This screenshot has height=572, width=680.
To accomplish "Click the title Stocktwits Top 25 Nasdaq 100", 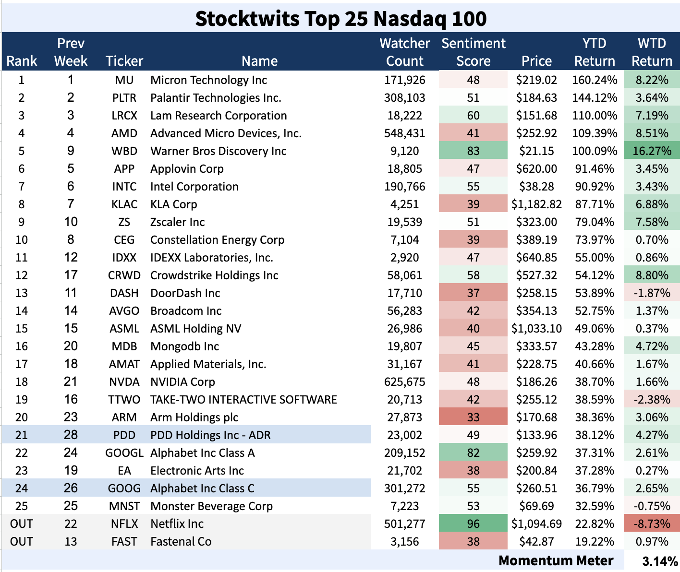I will coord(340,19).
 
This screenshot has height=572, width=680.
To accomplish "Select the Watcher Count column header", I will coord(404,52).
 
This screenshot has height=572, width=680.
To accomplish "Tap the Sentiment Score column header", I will coord(473,52).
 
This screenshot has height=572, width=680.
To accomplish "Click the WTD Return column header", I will coord(651,52).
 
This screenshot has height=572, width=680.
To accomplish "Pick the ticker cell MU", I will coord(124,80).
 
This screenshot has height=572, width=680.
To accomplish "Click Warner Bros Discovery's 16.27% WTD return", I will coord(652,151).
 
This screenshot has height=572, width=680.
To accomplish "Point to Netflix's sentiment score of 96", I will coord(473,524).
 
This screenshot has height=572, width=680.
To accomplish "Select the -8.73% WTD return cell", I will coord(652,524).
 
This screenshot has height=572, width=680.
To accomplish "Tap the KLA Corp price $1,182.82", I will coord(536,204).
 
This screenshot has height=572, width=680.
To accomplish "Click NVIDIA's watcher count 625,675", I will coord(404,382).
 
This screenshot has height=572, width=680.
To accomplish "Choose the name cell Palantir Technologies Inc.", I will coord(216,98).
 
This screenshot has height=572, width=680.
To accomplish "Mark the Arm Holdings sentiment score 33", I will coord(473,417).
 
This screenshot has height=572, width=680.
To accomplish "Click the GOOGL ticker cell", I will coord(124,453).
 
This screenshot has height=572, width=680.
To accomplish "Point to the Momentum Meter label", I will coord(556,560).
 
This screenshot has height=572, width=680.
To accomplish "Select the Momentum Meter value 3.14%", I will coord(660,561).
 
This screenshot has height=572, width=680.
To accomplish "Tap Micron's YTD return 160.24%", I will coord(595,80).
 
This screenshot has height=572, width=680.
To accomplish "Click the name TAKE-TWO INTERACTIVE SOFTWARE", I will coord(243,400).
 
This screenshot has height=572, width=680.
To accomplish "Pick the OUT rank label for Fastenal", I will coord(22,542).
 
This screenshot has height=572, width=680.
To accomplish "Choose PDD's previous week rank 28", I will coord(71,435).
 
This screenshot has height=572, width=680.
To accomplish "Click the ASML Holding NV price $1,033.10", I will coord(536,329).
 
